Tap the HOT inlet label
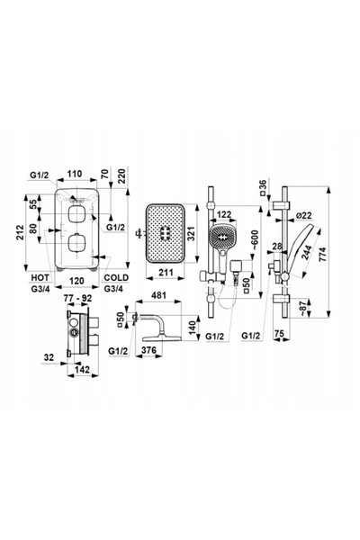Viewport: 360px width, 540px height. pyautogui.click(x=40, y=277)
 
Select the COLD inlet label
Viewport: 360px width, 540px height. pyautogui.click(x=116, y=277)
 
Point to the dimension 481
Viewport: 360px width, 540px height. pyautogui.click(x=158, y=295)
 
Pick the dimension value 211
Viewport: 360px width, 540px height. pyautogui.click(x=166, y=273)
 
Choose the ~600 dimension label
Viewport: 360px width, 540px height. pyautogui.click(x=256, y=239)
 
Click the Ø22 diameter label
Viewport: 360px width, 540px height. pyautogui.click(x=303, y=216)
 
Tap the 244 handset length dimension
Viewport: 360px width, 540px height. pyautogui.click(x=305, y=253)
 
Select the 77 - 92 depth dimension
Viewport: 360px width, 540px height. pyautogui.click(x=77, y=298)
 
